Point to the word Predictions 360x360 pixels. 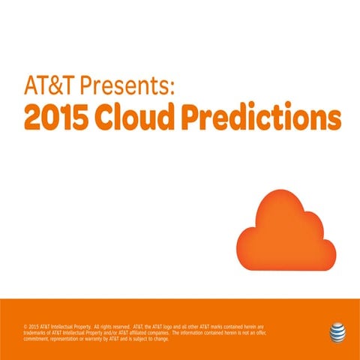click(268, 118)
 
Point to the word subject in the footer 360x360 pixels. click(142, 337)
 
